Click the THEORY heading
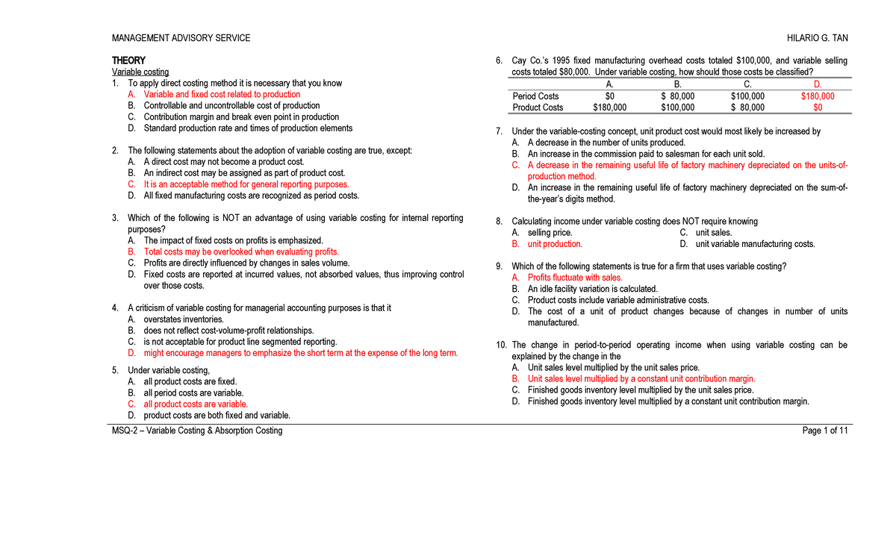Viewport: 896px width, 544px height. pos(128,60)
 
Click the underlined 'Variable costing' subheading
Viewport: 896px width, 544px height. pos(140,72)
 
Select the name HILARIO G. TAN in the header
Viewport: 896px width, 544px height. pos(817,38)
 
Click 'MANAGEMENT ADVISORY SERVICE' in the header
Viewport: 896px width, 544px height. pos(181,38)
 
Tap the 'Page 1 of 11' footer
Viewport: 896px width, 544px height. pos(824,431)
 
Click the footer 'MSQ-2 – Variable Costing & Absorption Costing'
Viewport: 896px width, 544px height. pos(197,431)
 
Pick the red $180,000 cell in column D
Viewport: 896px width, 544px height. pos(818,96)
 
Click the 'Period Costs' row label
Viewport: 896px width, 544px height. pos(535,96)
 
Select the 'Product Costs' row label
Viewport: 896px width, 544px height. pos(538,107)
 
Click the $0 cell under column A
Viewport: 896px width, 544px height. pos(609,96)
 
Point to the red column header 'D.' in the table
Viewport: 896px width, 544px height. pos(818,84)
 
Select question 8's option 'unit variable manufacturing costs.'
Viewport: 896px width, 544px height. pos(755,244)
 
